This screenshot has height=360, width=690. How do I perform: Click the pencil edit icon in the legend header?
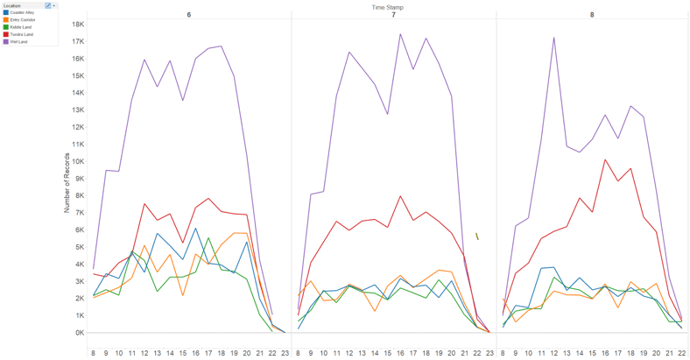(x=47, y=5)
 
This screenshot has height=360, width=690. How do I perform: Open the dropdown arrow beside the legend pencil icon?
(x=54, y=5)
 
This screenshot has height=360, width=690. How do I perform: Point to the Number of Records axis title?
(x=67, y=179)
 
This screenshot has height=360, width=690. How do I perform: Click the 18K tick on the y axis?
(x=77, y=24)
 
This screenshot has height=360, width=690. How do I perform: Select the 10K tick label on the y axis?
(x=77, y=161)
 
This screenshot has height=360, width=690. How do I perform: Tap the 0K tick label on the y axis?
(x=79, y=333)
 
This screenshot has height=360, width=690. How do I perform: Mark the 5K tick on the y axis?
(x=79, y=247)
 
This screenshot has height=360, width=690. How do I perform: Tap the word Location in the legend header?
(x=12, y=5)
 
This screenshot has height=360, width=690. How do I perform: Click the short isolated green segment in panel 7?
(x=477, y=236)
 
